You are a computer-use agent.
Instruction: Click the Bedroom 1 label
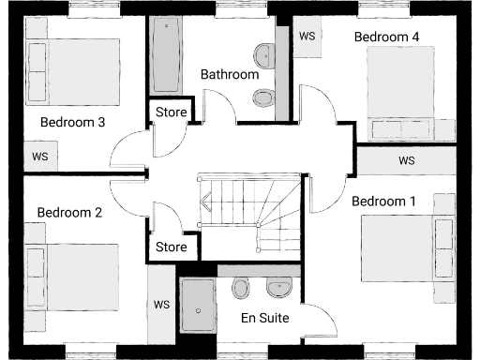tap(383, 201)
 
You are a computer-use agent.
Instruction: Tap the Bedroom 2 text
tap(69, 213)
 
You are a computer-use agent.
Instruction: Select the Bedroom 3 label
tap(71, 122)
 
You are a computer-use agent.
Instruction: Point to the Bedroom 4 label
tap(386, 37)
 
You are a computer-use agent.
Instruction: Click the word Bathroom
tap(230, 74)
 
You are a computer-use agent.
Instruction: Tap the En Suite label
tap(265, 318)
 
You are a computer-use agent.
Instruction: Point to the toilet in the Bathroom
tap(265, 97)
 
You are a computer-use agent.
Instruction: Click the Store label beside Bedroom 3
tap(171, 112)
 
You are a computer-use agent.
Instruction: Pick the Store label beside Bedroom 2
tap(171, 247)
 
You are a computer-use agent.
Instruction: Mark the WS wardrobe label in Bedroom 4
tap(307, 36)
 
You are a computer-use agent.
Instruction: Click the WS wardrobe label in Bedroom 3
tap(40, 156)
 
